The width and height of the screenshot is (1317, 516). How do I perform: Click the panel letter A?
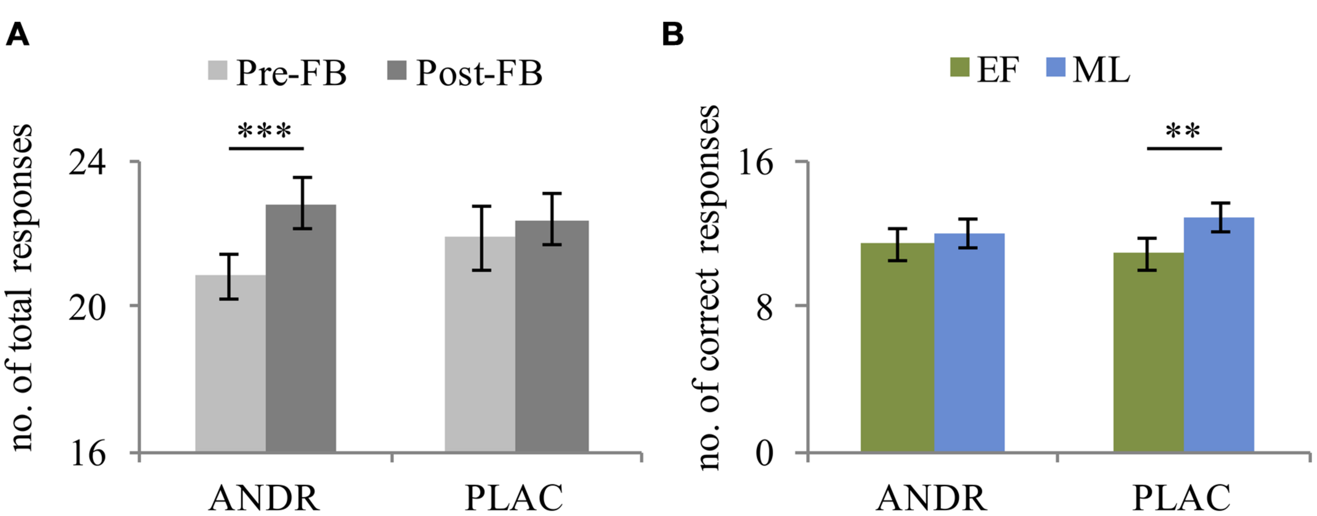(x=17, y=35)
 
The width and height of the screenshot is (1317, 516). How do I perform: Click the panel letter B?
(x=672, y=35)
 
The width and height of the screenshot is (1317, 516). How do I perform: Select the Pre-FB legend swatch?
(x=218, y=71)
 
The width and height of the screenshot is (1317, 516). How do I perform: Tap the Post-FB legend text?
(x=479, y=73)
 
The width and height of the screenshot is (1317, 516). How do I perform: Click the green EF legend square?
(x=959, y=67)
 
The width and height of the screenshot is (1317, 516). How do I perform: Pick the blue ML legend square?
(x=1055, y=67)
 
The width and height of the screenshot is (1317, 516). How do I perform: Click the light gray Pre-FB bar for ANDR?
(x=230, y=369)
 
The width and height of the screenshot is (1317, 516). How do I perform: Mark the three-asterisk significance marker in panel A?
(x=264, y=131)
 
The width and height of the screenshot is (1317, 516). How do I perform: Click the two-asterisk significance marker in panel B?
(x=1183, y=131)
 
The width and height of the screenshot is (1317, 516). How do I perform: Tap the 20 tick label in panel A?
(x=87, y=307)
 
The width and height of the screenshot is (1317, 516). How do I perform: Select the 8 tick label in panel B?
(x=764, y=307)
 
